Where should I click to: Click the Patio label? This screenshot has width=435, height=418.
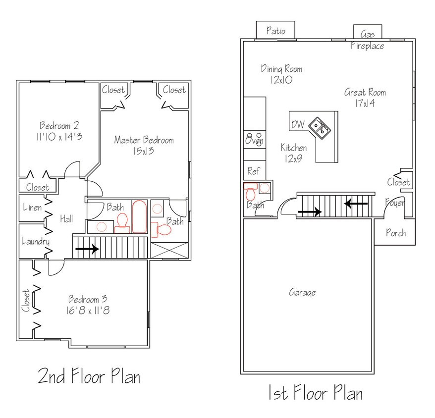click(x=276, y=31)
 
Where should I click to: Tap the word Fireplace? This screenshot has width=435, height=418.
click(x=368, y=46)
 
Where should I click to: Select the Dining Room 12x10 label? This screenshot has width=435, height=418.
click(x=281, y=74)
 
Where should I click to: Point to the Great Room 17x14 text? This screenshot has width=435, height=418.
click(x=365, y=98)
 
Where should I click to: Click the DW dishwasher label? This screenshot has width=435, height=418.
click(x=298, y=124)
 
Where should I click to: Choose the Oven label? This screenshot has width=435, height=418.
click(x=255, y=141)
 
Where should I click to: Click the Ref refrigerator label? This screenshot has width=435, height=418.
click(x=253, y=171)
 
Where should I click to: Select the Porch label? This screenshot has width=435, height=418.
click(x=395, y=233)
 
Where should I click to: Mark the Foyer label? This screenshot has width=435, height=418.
click(x=395, y=203)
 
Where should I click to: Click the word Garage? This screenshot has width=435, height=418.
click(x=302, y=293)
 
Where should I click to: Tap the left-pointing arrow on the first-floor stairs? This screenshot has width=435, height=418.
click(x=356, y=203)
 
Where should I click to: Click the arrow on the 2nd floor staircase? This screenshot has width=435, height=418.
click(x=87, y=250)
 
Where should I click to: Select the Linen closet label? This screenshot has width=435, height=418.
click(x=32, y=208)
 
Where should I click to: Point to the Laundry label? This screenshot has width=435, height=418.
click(x=35, y=242)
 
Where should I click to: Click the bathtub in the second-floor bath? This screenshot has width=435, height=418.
click(x=139, y=216)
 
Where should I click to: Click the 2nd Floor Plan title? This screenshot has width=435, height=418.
click(x=89, y=376)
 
